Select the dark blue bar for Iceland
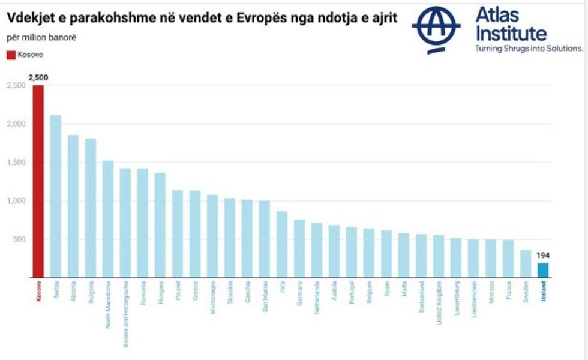click(x=542, y=271)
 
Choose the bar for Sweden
click(x=525, y=264)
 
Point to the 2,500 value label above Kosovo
click(x=38, y=78)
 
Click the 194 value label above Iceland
click(x=542, y=256)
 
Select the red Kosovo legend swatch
click(x=11, y=55)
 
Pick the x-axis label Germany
click(x=299, y=293)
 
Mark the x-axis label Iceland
click(x=543, y=292)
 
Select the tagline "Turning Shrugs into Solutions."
click(x=529, y=49)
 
